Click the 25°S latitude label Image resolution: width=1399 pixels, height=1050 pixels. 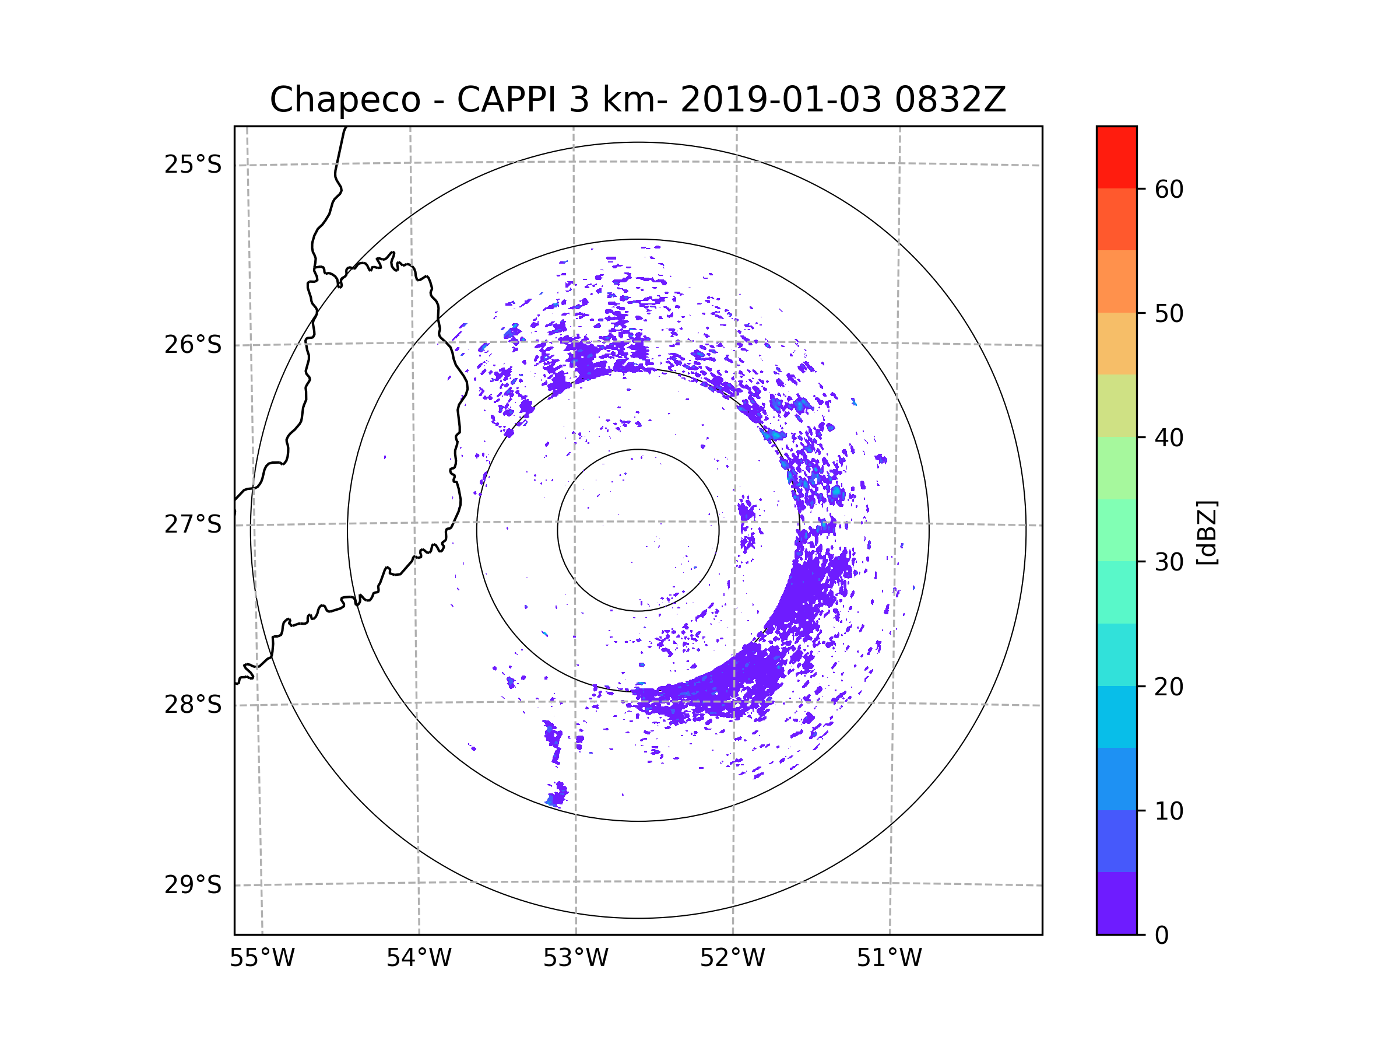point(193,164)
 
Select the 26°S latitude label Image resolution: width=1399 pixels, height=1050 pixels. point(193,345)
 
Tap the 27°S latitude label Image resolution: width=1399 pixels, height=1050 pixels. point(193,524)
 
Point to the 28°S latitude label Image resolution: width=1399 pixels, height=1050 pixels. point(193,705)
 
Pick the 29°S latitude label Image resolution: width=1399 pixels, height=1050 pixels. point(193,885)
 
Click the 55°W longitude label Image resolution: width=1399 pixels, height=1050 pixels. point(262,958)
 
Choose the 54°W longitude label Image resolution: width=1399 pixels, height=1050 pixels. point(419,958)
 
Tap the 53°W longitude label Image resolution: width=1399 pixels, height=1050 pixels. point(575,958)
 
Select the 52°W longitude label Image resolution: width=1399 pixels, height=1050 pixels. point(732,958)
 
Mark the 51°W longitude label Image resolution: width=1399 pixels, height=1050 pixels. point(889,958)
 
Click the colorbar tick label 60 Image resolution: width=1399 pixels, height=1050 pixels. point(1169,189)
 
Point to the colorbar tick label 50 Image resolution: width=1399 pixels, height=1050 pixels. point(1169,313)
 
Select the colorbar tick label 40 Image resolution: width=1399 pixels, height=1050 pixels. point(1169,438)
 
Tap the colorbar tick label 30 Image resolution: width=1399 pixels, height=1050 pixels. point(1169,562)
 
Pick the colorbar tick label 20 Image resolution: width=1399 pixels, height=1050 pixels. point(1169,687)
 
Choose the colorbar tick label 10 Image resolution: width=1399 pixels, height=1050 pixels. point(1169,811)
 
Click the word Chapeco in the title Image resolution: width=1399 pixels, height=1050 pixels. point(345,100)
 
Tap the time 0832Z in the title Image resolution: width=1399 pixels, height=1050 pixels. point(950,100)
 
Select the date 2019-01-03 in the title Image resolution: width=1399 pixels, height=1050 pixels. point(781,100)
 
